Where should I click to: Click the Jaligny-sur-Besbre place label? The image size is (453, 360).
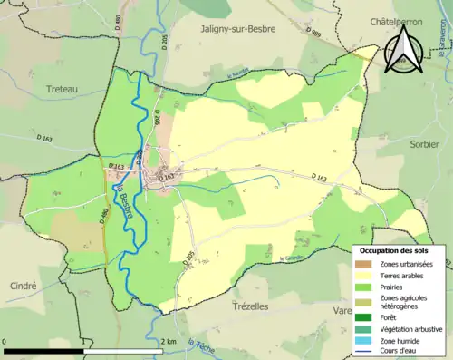coord(236,28)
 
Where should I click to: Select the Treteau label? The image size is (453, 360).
coord(64,89)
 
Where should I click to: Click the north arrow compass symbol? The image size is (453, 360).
coord(400,53)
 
